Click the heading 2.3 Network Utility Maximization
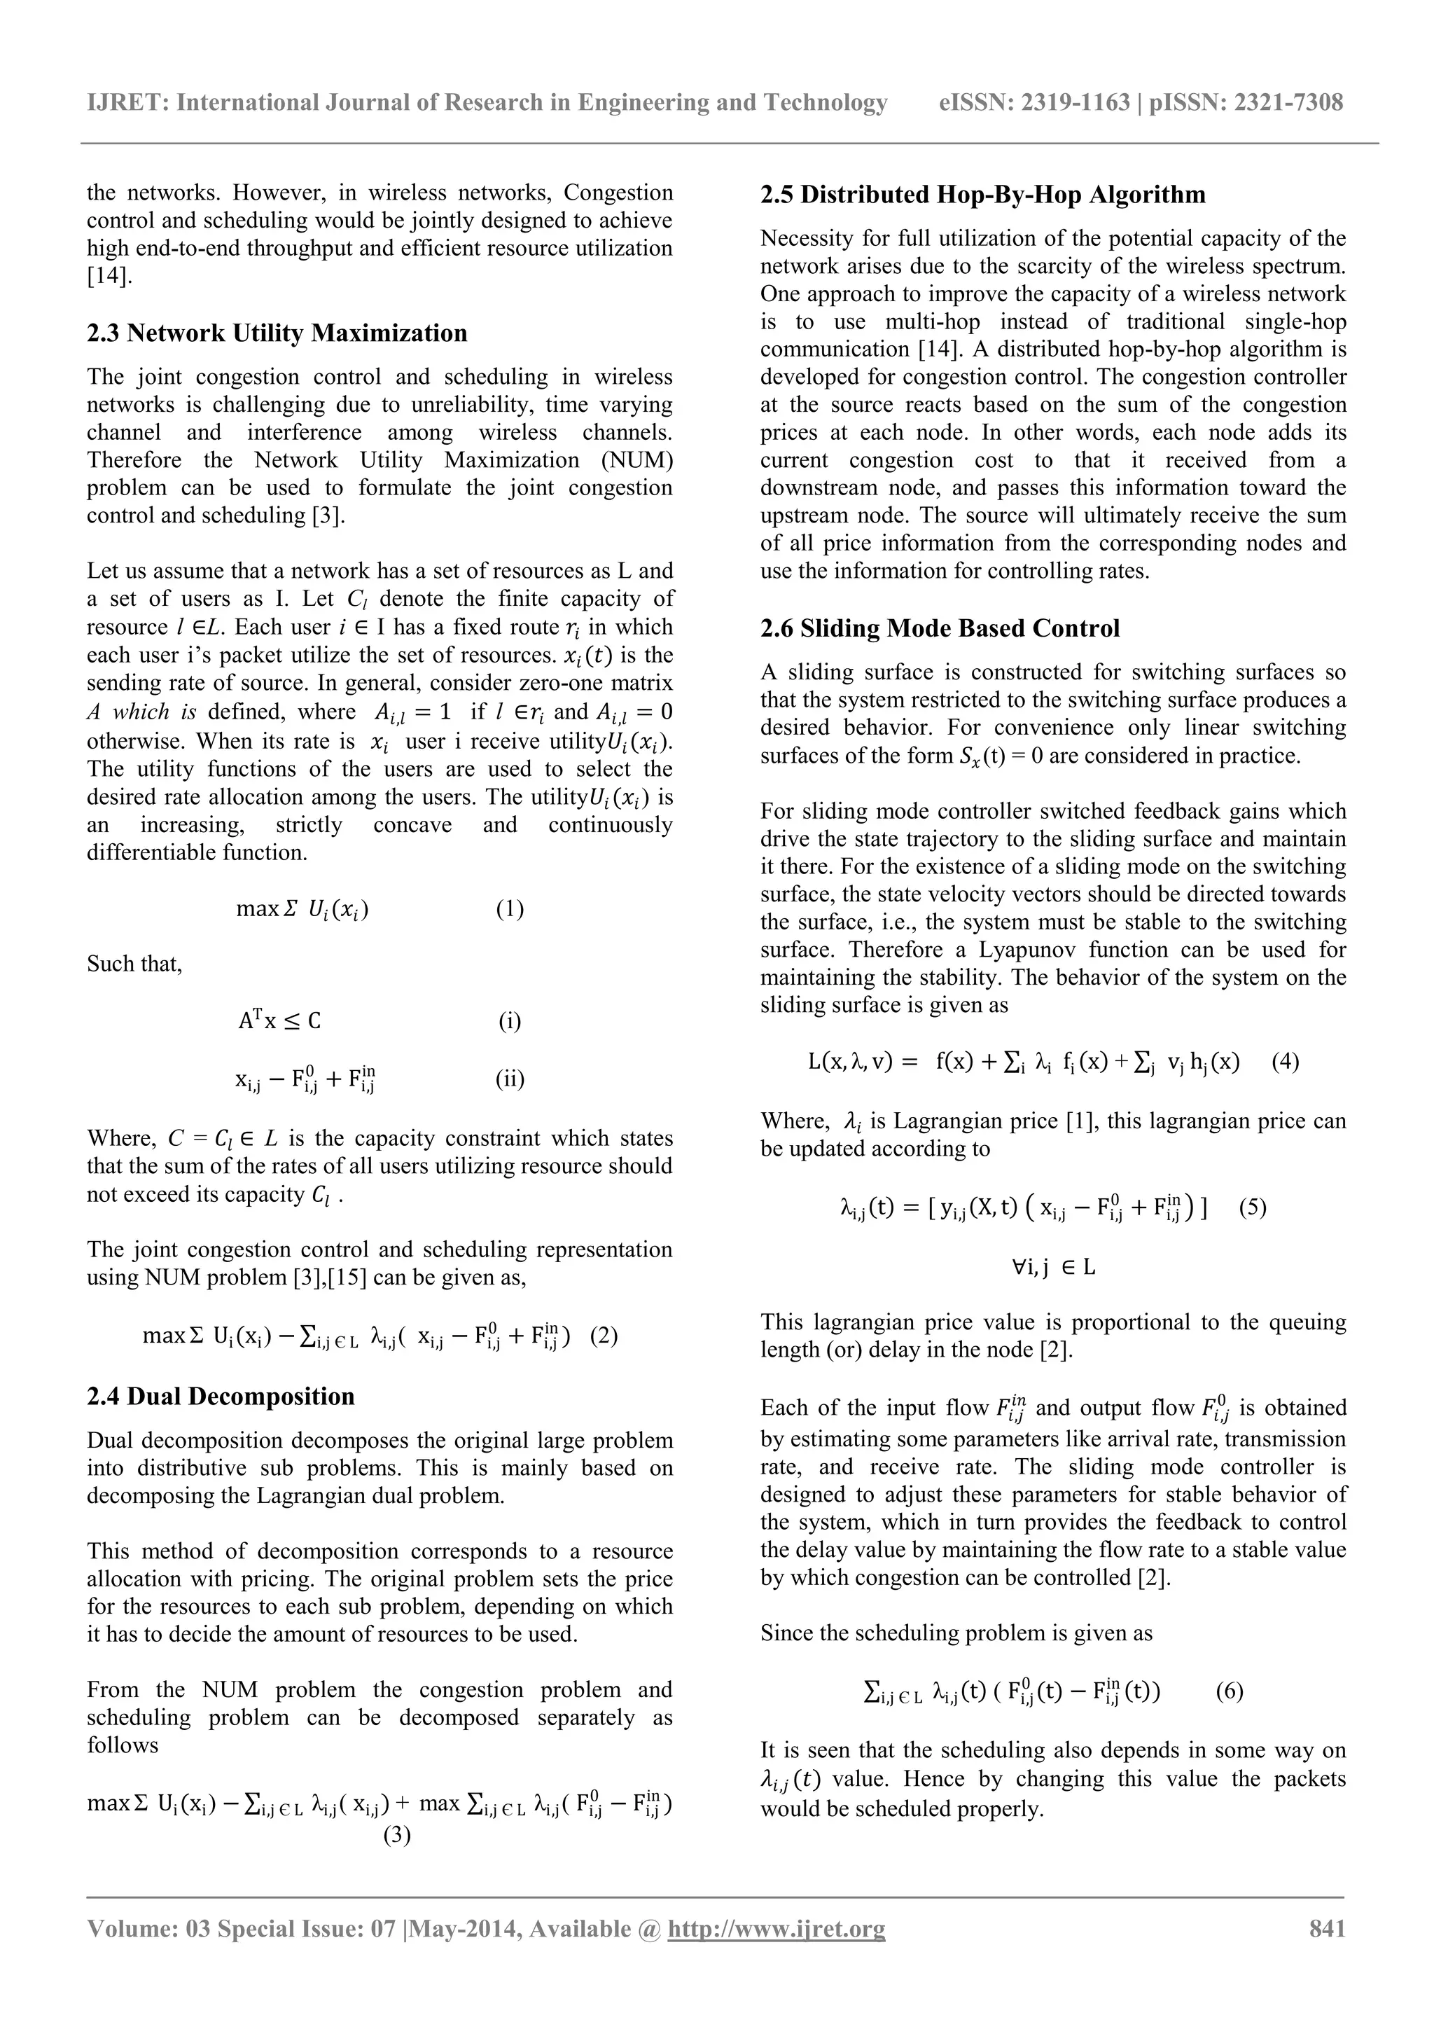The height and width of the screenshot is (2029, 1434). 277,333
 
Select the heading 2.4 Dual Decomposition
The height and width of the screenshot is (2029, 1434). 220,1397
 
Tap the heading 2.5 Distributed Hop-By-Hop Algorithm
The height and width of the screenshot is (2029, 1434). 982,195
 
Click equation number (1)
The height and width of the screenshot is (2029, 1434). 510,909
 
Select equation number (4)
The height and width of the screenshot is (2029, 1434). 1285,1061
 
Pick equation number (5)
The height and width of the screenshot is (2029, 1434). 1252,1207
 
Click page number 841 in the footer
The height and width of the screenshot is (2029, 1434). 1326,1928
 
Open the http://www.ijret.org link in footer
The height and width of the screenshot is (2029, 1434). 776,1928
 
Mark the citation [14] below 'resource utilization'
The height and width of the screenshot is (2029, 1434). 109,276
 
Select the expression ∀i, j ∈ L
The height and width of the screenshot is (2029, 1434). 1053,1267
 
